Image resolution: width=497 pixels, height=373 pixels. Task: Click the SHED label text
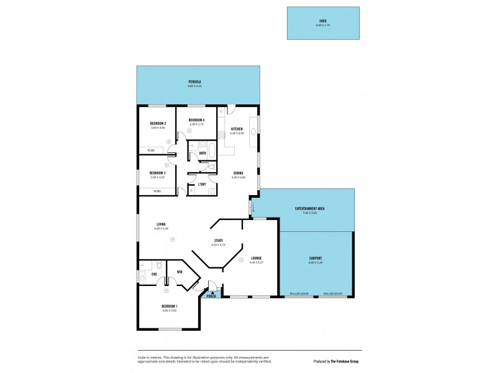point(322,21)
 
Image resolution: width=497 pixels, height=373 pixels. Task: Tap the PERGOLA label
point(195,81)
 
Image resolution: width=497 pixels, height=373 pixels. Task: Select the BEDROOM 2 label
point(157,123)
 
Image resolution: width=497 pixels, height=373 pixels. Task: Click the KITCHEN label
point(237,129)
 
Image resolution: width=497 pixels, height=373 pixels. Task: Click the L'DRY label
point(202,184)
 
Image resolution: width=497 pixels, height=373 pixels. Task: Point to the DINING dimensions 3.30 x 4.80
point(239,177)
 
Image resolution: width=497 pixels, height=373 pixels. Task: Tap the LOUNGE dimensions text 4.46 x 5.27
point(256,262)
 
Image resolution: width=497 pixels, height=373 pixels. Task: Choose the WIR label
point(179,272)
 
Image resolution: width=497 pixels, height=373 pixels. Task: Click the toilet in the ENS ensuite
point(160,264)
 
